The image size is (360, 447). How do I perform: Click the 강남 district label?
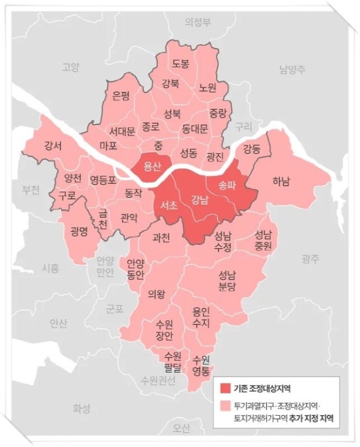[199, 201]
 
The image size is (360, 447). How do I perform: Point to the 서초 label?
[168, 204]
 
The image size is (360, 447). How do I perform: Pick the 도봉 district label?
[181, 64]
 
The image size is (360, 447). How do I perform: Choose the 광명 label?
[78, 231]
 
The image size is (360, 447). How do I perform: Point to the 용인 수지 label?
[201, 317]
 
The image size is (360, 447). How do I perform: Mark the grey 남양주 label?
[292, 70]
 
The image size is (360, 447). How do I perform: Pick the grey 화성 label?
[81, 409]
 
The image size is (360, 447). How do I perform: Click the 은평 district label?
[121, 96]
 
